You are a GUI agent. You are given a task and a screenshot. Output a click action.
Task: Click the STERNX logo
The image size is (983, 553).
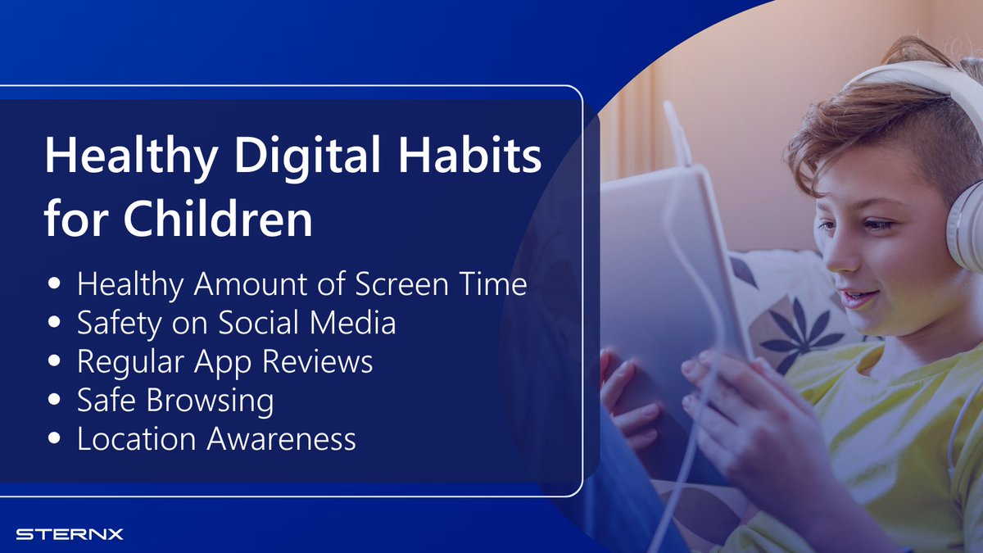pos(70,534)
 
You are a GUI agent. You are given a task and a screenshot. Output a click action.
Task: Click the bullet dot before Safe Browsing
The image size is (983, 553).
pos(55,401)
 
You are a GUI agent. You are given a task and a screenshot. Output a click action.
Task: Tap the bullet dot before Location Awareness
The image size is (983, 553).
pos(55,439)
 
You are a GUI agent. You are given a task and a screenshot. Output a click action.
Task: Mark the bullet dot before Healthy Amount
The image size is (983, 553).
pos(55,283)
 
